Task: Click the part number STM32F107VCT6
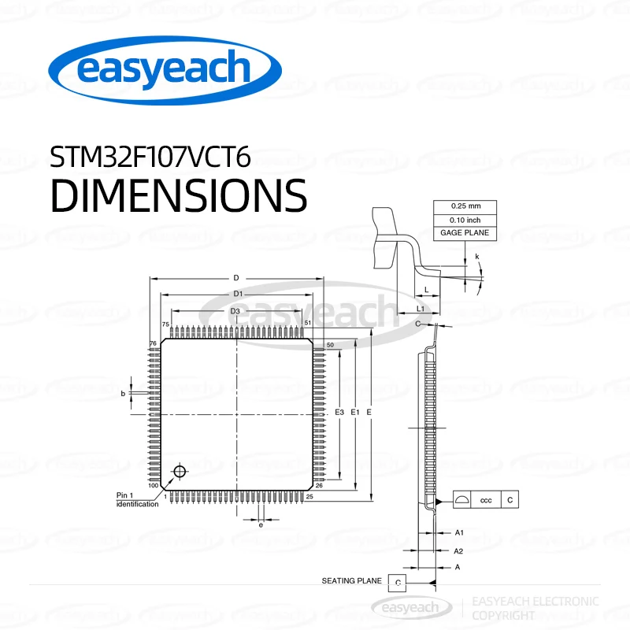(x=150, y=157)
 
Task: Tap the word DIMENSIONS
(x=178, y=195)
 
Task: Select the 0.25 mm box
(x=465, y=206)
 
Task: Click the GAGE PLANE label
(x=465, y=233)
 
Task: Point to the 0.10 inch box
(x=465, y=220)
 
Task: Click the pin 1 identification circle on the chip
(x=180, y=472)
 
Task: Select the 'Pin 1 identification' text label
(x=136, y=499)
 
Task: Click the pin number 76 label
(x=154, y=344)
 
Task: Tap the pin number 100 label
(x=153, y=486)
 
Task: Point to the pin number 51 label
(x=308, y=324)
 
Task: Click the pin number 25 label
(x=309, y=497)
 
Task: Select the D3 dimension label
(x=235, y=312)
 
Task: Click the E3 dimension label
(x=339, y=413)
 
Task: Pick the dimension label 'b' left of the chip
(x=123, y=392)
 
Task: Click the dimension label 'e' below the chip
(x=261, y=524)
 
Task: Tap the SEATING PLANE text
(x=351, y=581)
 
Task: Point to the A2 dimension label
(x=459, y=550)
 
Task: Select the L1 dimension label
(x=421, y=309)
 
